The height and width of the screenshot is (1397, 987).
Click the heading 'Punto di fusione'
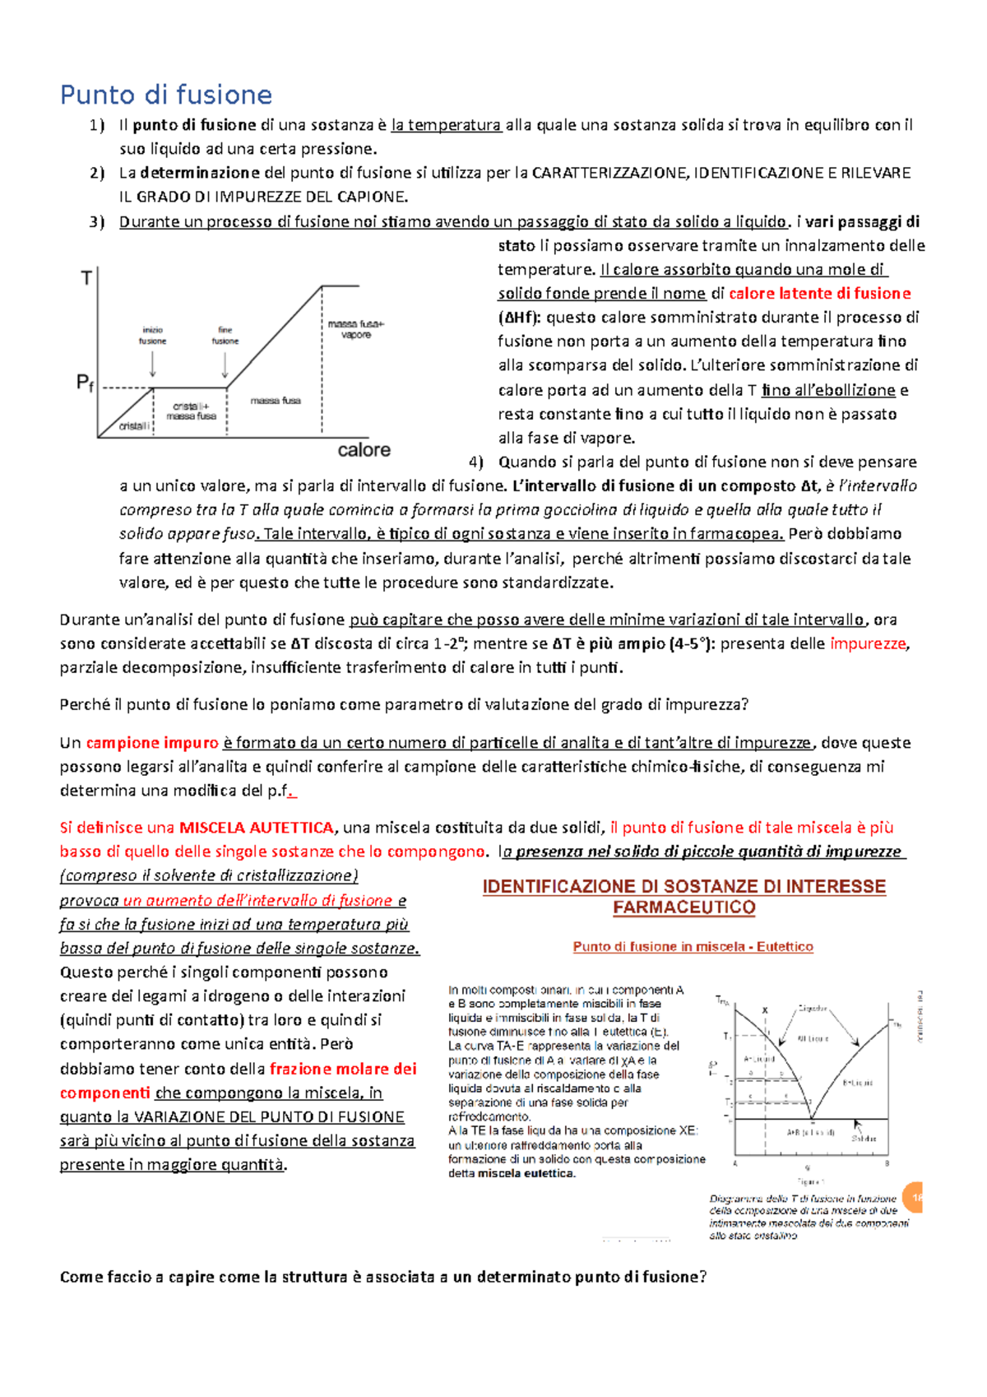[x=165, y=95]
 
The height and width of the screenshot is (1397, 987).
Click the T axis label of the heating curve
[x=86, y=279]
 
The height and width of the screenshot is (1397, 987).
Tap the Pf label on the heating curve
[x=85, y=383]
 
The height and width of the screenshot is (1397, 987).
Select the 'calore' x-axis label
[x=364, y=450]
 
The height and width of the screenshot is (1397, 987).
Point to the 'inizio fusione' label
[x=153, y=335]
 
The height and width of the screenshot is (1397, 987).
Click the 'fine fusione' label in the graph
[x=225, y=335]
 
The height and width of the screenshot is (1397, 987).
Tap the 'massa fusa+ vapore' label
[x=355, y=329]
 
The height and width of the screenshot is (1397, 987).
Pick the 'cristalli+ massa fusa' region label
[x=191, y=411]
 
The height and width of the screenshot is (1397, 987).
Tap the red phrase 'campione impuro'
[x=152, y=743]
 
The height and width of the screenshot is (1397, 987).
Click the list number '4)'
[x=475, y=462]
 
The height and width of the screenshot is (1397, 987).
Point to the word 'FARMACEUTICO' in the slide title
[x=683, y=907]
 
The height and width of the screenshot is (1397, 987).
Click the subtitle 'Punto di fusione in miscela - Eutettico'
[x=693, y=947]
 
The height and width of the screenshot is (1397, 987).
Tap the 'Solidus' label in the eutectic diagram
[x=864, y=1139]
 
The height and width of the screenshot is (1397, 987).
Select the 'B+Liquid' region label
[x=857, y=1083]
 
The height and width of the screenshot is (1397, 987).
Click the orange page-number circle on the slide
[x=913, y=1198]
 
